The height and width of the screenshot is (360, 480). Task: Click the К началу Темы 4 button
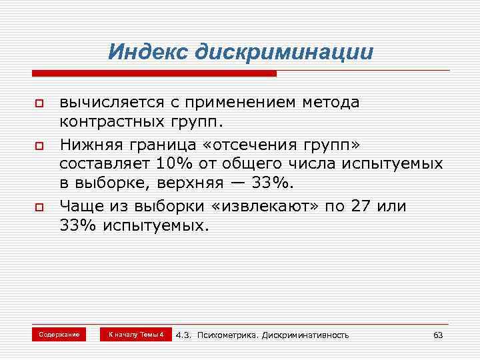[x=136, y=334]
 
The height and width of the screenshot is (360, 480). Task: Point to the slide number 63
[x=438, y=335]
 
